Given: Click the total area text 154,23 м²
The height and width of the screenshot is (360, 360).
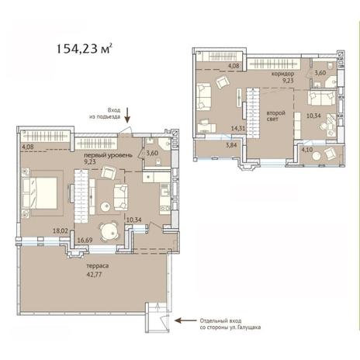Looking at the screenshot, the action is (x=85, y=49).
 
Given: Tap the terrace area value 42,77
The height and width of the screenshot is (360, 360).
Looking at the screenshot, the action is (x=95, y=275).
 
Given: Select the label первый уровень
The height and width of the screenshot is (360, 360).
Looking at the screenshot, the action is (x=109, y=155).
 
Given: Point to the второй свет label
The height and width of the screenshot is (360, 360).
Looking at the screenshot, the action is (x=275, y=116).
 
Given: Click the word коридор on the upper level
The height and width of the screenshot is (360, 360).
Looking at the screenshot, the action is (x=282, y=74).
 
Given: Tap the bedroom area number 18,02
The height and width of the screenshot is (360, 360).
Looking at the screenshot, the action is (x=61, y=230).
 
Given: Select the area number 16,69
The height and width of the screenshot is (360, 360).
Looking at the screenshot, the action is (x=85, y=241).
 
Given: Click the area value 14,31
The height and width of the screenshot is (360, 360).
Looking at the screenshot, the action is (x=238, y=128).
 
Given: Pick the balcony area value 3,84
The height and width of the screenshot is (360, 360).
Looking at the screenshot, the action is (x=231, y=145).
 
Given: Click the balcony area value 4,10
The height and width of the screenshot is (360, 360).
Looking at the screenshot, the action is (x=307, y=150).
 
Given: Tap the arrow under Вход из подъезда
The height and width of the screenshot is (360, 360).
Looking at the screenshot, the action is (x=127, y=115).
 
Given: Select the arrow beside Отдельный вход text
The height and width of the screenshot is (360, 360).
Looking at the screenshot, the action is (x=185, y=320).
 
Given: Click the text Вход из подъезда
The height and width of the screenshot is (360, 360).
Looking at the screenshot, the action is (x=105, y=113).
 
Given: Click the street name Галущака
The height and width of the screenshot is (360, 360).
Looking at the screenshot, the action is (x=250, y=327).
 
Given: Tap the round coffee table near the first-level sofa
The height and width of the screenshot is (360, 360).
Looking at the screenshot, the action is (x=106, y=206).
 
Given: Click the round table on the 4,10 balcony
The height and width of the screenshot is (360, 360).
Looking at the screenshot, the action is (x=317, y=156).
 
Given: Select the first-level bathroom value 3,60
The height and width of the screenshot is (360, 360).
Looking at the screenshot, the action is (x=152, y=153).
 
